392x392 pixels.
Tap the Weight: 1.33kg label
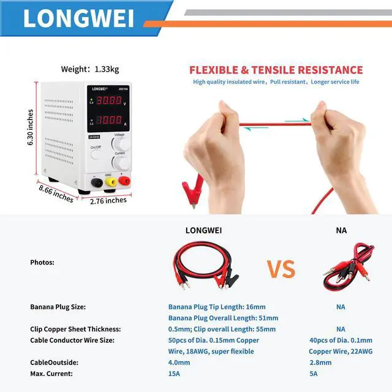[x=90, y=69]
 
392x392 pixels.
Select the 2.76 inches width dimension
[x=108, y=200]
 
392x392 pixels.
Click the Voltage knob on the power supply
[x=121, y=145]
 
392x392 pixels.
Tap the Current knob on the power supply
[x=121, y=163]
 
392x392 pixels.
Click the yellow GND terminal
[x=111, y=182]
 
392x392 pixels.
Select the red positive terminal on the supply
[x=126, y=181]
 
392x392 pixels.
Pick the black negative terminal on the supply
[x=96, y=182]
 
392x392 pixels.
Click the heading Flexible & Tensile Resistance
[x=276, y=70]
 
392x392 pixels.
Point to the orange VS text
[x=280, y=269]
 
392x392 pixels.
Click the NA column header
[x=341, y=231]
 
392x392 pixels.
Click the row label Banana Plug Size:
[x=58, y=307]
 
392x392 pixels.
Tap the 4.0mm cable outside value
[x=179, y=363]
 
